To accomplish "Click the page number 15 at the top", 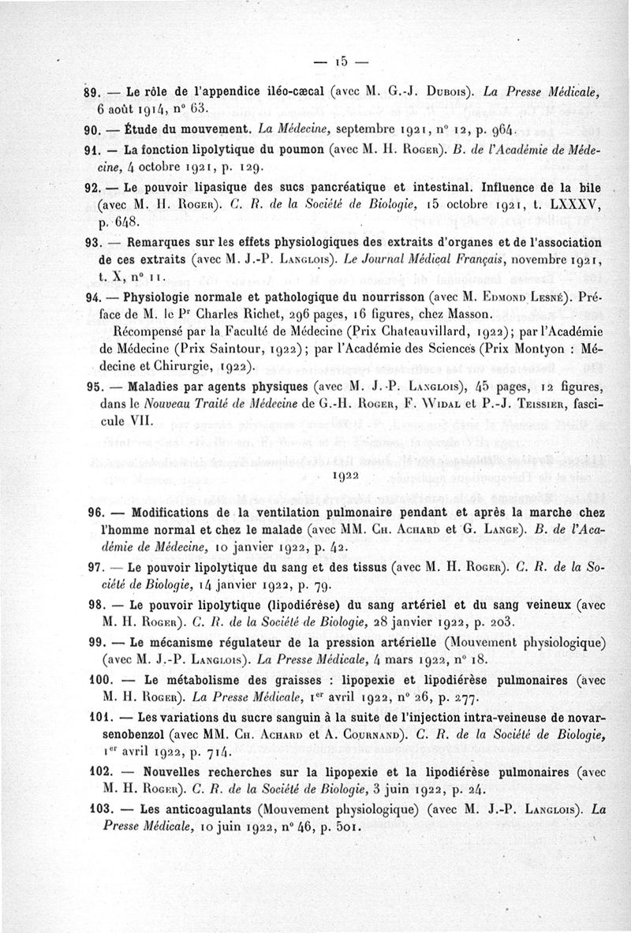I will pos(341,61).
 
